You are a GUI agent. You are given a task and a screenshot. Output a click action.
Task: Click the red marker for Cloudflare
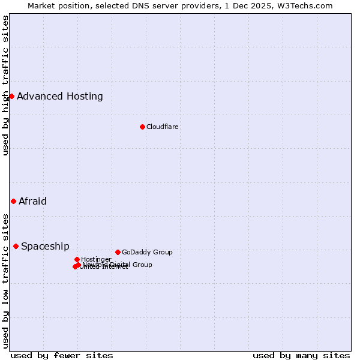[142, 127]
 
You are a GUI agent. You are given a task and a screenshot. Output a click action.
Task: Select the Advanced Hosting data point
[11, 96]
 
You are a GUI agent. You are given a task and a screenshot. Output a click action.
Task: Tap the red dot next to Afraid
[13, 201]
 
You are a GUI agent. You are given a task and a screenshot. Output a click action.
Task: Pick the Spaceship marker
[16, 246]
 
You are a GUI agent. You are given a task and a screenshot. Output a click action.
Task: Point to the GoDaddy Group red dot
[118, 252]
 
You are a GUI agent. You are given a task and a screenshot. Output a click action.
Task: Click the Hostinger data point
[77, 259]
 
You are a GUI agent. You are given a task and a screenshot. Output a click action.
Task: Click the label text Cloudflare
[163, 127]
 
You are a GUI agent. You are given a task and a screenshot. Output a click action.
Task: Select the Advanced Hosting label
[60, 96]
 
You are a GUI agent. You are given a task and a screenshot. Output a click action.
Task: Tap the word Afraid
[32, 201]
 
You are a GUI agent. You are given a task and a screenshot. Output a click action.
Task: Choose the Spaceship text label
[45, 246]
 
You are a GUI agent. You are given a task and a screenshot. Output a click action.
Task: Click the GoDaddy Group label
[147, 252]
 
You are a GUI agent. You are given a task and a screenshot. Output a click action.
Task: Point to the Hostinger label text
[96, 259]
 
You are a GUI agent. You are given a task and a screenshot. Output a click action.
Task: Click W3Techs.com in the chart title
[307, 5]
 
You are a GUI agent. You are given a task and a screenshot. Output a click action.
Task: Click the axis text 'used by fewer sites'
[62, 355]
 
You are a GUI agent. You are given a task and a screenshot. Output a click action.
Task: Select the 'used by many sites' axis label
[301, 355]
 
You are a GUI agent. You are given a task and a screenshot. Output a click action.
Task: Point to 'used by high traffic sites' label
[5, 85]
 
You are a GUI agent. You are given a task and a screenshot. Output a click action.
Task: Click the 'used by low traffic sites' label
[5, 280]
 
